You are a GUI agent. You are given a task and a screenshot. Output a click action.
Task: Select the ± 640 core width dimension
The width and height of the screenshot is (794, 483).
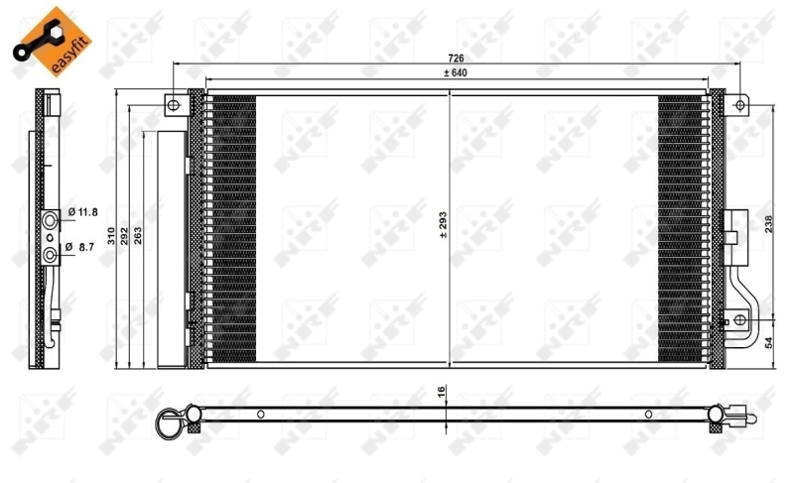click(454, 72)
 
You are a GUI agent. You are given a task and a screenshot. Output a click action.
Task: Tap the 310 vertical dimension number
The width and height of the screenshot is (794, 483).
click(111, 234)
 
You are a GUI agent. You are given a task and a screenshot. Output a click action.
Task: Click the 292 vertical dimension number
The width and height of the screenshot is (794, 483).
click(125, 234)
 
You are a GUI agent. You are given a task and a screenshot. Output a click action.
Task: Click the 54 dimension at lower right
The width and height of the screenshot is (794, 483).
click(769, 343)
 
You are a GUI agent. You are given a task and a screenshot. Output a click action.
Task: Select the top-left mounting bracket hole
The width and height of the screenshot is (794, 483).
click(173, 103)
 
